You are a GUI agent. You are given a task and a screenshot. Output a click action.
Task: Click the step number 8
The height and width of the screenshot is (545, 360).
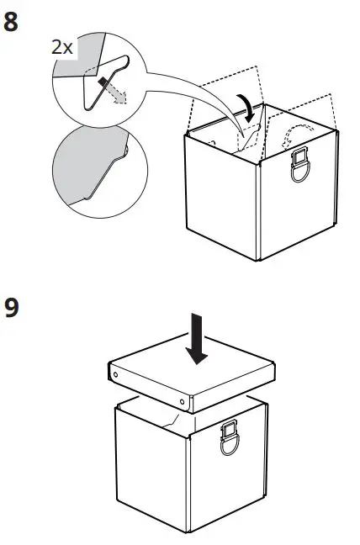(x=13, y=22)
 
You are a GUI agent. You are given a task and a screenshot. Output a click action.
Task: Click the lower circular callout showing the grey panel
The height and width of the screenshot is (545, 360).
(x=88, y=168)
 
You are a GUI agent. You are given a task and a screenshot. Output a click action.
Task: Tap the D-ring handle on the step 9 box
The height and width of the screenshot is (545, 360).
(x=230, y=441)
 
